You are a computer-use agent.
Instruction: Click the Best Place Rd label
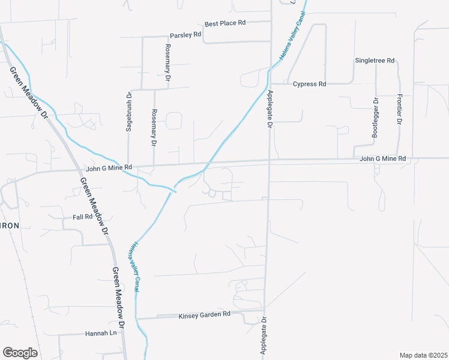pos(225,23)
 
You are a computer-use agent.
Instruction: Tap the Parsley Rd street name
pos(185,35)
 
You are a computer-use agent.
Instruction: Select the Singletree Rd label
pos(375,61)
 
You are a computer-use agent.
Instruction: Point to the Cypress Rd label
pos(309,84)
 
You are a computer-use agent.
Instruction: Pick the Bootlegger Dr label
pos(375,118)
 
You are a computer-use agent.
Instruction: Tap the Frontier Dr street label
pos(399,109)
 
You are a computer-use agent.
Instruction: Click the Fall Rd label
pos(82,217)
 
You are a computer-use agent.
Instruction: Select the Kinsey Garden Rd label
pos(205,314)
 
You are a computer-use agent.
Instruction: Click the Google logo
pos(20,353)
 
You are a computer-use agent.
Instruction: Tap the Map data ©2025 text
pos(423,355)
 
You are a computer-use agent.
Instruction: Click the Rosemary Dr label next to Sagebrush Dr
pos(154,128)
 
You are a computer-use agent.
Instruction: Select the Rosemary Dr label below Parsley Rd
pos(168,62)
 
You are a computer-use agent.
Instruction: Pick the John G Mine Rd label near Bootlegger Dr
pos(382,158)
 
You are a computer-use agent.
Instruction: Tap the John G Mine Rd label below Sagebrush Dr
pos(109,169)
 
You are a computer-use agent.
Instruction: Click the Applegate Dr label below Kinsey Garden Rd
pos(263,338)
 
